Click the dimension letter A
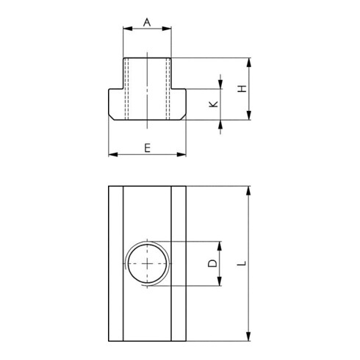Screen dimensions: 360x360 coord(147,23)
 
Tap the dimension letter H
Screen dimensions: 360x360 coord(241,88)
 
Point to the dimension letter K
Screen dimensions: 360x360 coord(213,104)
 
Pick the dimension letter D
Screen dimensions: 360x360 coord(212,263)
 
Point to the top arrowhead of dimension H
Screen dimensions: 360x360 coord(250,62)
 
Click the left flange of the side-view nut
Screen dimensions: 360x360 coord(116,104)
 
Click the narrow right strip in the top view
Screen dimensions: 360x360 coord(181,263)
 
